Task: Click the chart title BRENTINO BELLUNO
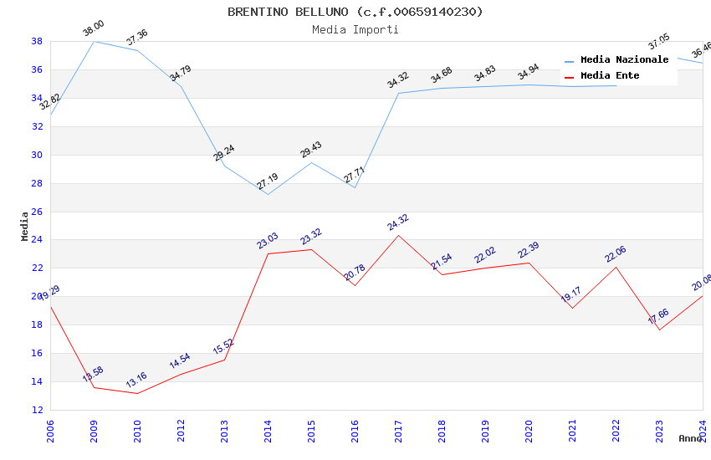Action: tap(355, 12)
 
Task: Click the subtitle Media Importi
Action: tap(355, 29)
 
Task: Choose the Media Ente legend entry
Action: tap(610, 75)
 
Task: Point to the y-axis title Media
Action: tap(25, 226)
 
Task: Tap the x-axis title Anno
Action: tap(690, 438)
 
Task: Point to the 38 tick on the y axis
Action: tap(38, 41)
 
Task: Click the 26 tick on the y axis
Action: tap(38, 212)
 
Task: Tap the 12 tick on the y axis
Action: tap(38, 410)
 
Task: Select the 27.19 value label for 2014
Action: tap(268, 181)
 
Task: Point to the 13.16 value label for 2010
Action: tap(136, 381)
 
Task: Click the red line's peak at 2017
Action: tap(398, 235)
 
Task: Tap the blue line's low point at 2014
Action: tap(268, 194)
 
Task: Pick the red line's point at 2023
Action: tap(659, 330)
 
